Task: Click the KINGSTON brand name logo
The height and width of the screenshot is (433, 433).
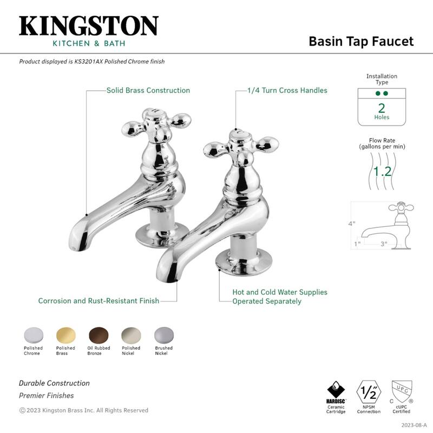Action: (x=89, y=26)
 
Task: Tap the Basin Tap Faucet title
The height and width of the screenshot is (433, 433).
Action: (x=360, y=42)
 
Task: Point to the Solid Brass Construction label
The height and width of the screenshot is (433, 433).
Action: (x=148, y=90)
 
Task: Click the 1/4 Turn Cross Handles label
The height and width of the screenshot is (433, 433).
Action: (x=287, y=90)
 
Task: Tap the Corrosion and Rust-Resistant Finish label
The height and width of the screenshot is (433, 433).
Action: (x=99, y=300)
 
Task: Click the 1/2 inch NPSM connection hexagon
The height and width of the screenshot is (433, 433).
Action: (x=368, y=391)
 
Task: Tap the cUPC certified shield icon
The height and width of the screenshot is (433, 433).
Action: (x=401, y=391)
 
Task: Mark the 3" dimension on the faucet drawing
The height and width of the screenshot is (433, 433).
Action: (x=384, y=244)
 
